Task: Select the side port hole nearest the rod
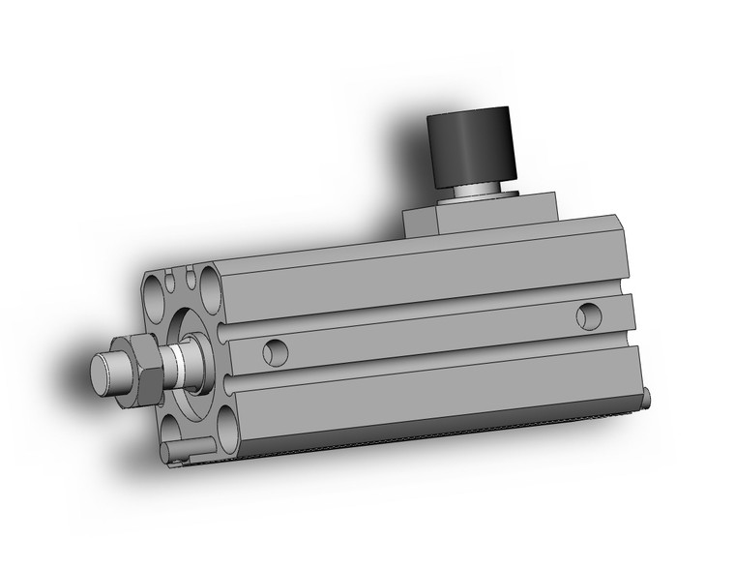[x=275, y=352]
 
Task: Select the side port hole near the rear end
[x=587, y=315]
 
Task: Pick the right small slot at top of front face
[x=190, y=280]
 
